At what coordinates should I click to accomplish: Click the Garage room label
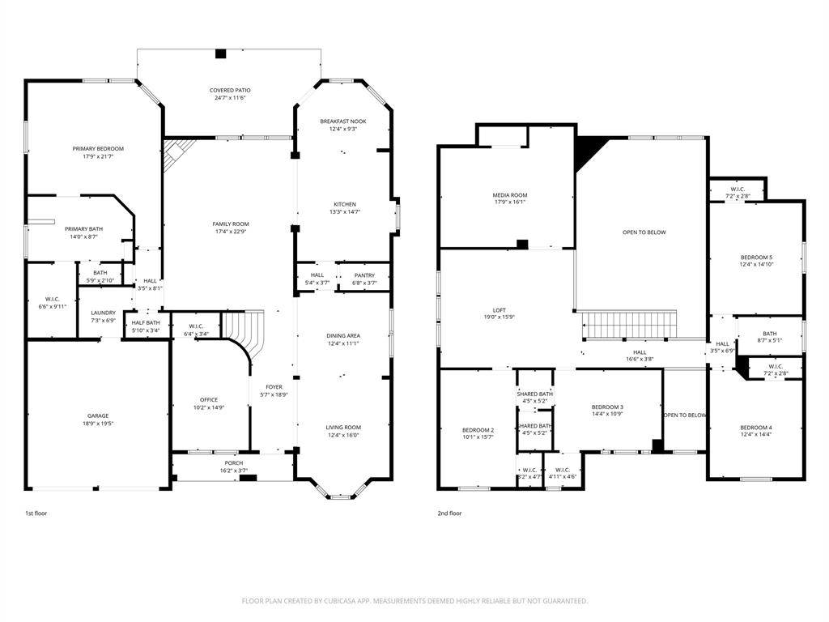[98, 415]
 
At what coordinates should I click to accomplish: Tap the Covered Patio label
[230, 91]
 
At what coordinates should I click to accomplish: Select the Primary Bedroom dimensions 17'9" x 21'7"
[98, 156]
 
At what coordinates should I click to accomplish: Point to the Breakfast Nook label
[343, 121]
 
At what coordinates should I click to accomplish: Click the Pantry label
[363, 275]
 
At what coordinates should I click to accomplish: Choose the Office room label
[209, 399]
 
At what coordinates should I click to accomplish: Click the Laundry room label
[103, 313]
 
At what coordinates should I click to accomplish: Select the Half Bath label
[145, 322]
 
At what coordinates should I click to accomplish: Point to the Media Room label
[510, 195]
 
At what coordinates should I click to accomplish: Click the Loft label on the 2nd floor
[500, 309]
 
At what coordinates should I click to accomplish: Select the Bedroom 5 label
[756, 257]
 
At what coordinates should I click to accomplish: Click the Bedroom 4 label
[755, 428]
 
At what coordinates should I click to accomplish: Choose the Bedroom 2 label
[478, 430]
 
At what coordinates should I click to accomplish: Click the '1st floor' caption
[36, 513]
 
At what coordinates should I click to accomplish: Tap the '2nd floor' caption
[449, 513]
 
